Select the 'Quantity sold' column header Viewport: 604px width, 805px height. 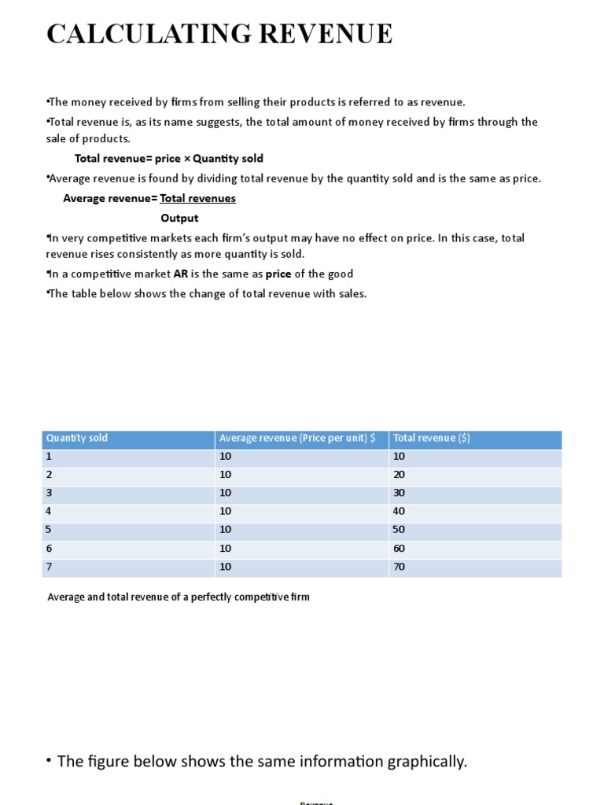pos(77,438)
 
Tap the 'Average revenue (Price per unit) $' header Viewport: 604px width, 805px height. pos(297,438)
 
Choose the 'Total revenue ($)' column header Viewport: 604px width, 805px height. pos(432,438)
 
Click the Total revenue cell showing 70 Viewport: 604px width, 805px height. pos(400,567)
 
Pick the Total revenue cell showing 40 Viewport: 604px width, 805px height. pos(400,511)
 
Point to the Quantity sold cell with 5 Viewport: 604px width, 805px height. pos(49,530)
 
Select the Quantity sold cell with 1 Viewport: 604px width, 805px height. pos(49,456)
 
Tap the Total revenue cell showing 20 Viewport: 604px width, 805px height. pos(400,474)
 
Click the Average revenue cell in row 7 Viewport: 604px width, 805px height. pos(226,567)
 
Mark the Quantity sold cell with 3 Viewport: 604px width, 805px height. pos(49,493)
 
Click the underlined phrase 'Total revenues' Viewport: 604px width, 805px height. pos(197,198)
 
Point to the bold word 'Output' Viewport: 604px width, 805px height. pos(179,218)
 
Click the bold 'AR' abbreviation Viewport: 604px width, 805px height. pos(180,274)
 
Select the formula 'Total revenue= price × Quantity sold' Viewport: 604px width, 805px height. pos(169,159)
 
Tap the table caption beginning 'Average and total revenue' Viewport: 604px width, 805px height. pos(179,597)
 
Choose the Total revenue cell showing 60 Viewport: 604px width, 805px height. pos(400,548)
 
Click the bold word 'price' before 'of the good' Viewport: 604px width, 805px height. pos(278,274)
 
